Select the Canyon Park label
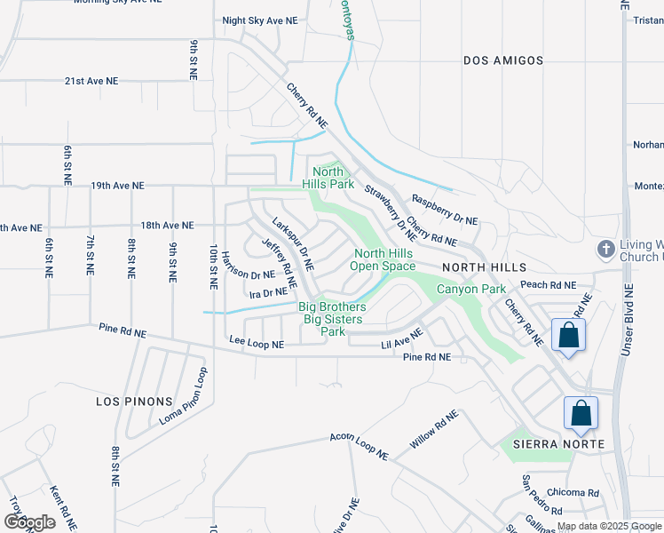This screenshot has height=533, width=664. click(470, 289)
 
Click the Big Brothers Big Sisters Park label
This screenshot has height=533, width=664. click(333, 319)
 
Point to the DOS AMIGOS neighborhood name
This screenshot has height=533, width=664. click(503, 60)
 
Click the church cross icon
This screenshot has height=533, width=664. click(605, 249)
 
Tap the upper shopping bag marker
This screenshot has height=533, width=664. click(568, 336)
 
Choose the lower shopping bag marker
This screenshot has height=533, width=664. click(581, 413)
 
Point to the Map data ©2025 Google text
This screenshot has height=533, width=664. click(610, 526)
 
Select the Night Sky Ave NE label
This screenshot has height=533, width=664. click(259, 20)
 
